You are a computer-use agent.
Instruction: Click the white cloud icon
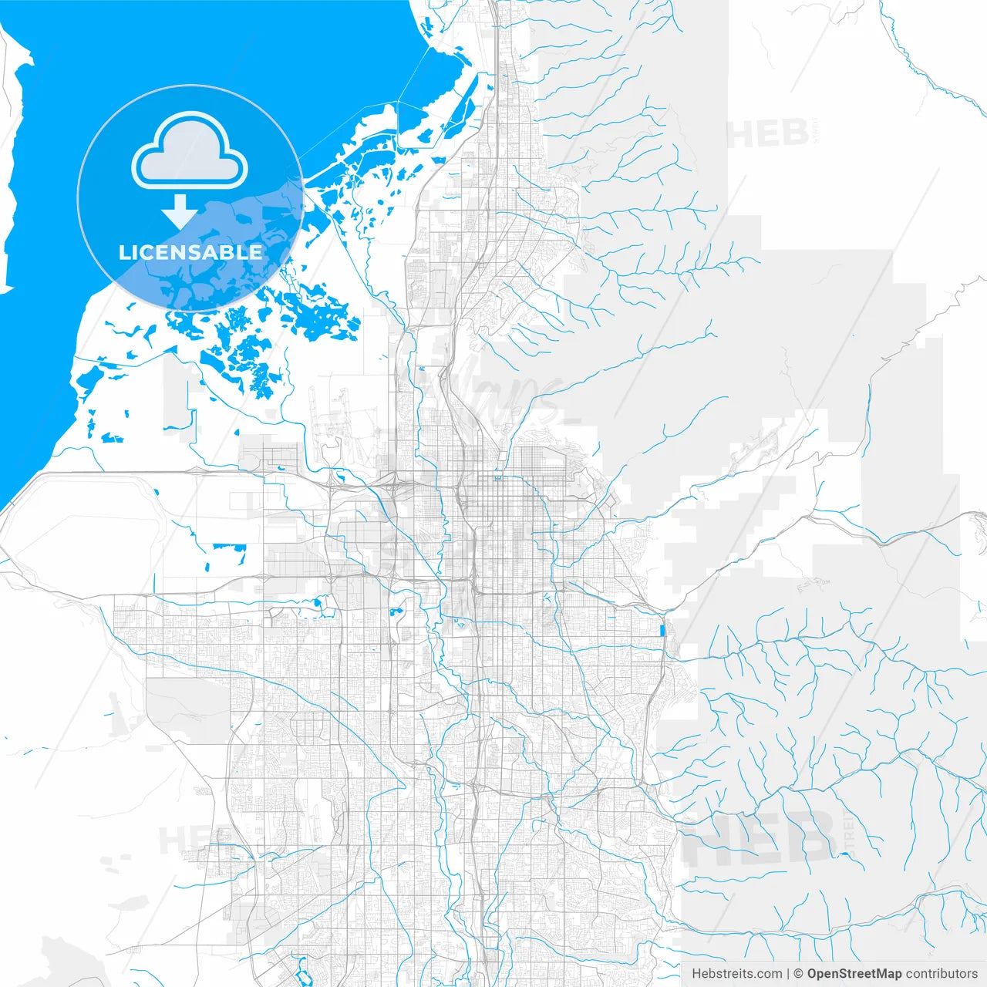click(190, 150)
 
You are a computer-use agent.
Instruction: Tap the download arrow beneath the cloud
click(180, 211)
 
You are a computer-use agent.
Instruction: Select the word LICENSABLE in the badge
click(190, 252)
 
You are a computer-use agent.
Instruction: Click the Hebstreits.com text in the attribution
click(736, 974)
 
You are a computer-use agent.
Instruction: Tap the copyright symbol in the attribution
click(799, 974)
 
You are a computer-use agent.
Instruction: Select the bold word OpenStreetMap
click(854, 974)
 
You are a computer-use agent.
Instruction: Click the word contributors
click(941, 974)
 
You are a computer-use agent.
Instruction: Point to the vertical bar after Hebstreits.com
click(788, 974)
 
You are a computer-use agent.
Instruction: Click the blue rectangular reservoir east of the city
click(662, 630)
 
